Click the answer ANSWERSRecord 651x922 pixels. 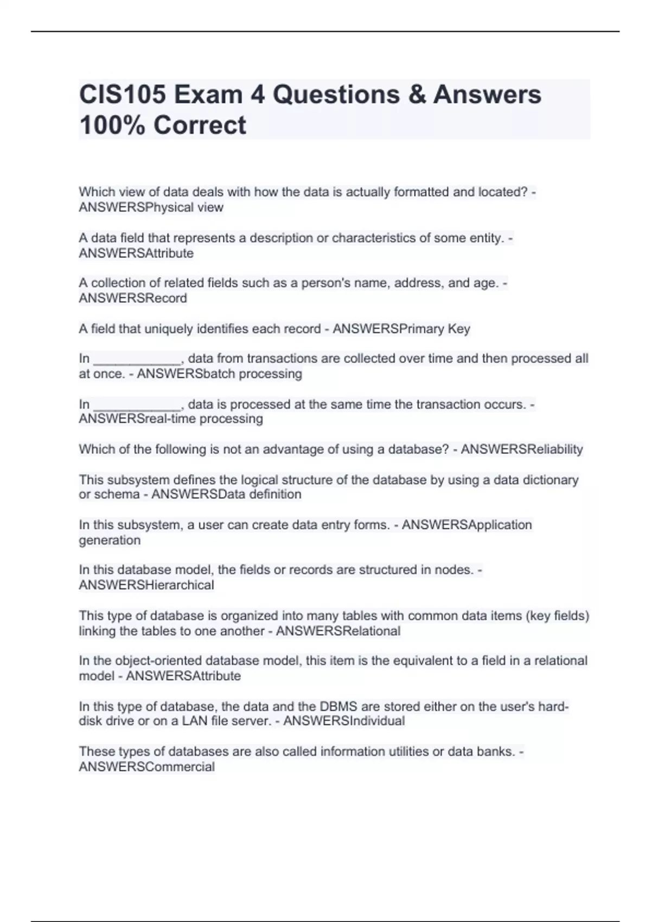pos(133,298)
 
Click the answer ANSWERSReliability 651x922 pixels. pos(522,449)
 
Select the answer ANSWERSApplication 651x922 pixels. pos(467,525)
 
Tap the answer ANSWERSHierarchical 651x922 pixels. pos(146,585)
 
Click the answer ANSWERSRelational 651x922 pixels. pos(338,631)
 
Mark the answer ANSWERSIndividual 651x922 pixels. pos(344,721)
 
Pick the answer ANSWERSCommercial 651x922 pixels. pos(146,767)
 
